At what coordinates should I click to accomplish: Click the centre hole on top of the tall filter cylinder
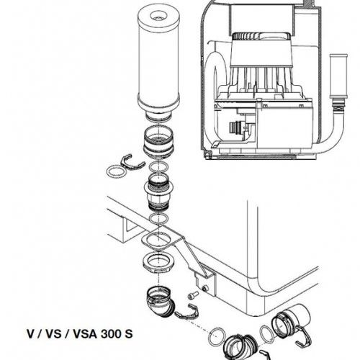158,17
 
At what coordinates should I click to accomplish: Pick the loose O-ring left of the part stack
116,172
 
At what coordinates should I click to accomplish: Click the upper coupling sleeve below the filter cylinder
158,142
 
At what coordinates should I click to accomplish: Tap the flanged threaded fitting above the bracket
158,192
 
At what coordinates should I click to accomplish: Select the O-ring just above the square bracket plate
159,219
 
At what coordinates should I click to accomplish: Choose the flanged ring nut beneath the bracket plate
158,264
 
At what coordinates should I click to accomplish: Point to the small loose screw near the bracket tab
193,295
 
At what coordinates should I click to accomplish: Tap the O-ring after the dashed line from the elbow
217,336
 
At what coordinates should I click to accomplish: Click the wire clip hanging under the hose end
305,337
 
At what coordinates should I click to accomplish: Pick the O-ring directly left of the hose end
266,334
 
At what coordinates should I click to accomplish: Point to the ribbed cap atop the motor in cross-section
261,37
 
